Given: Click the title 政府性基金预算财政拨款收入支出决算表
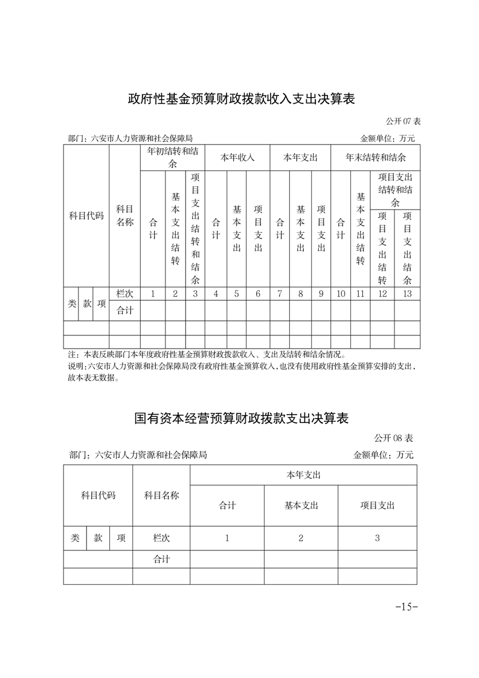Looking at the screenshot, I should click(x=240, y=98).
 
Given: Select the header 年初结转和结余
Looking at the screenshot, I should click(x=172, y=157).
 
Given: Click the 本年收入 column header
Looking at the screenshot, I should click(x=237, y=157).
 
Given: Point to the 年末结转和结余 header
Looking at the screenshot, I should click(x=375, y=157).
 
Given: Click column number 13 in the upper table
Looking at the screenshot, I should click(x=407, y=294).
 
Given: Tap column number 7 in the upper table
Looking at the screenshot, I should click(x=280, y=294).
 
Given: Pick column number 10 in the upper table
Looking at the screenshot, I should click(x=341, y=294).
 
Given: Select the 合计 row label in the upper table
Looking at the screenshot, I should click(x=124, y=310).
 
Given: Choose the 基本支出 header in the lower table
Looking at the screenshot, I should click(x=301, y=505).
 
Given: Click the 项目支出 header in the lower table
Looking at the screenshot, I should click(x=377, y=505).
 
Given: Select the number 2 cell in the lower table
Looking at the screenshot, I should click(x=301, y=538).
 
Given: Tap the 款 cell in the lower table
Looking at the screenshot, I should click(x=98, y=538).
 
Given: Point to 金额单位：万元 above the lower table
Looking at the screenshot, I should click(x=384, y=455).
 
